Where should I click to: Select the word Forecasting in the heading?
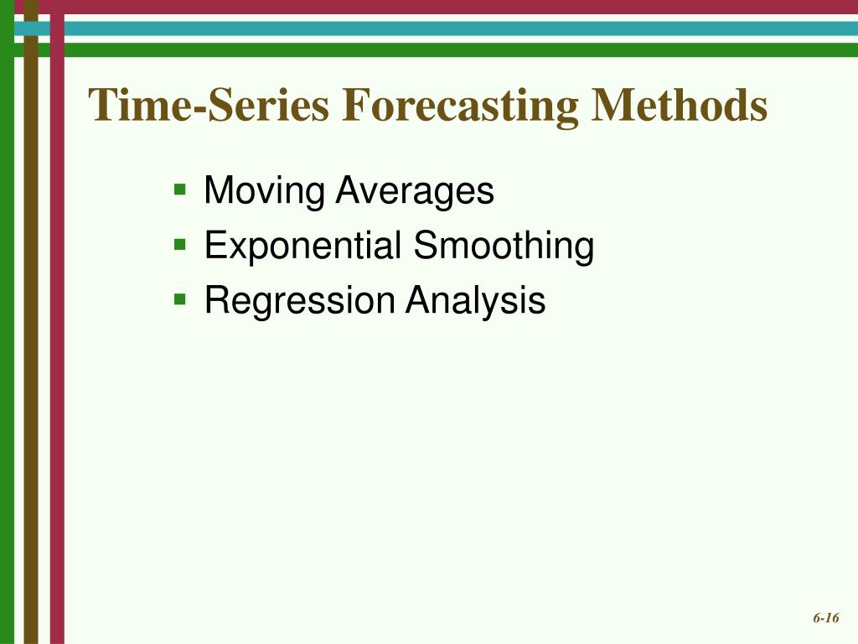tap(460, 106)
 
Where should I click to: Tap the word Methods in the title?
tap(680, 106)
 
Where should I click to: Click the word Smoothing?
tap(504, 247)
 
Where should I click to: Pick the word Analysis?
tap(476, 301)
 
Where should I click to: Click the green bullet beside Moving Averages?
tap(179, 189)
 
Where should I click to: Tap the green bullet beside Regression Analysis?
tap(179, 298)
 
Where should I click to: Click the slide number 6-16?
tap(825, 618)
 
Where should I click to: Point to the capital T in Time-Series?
tap(105, 106)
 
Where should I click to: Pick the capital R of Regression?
tap(215, 301)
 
